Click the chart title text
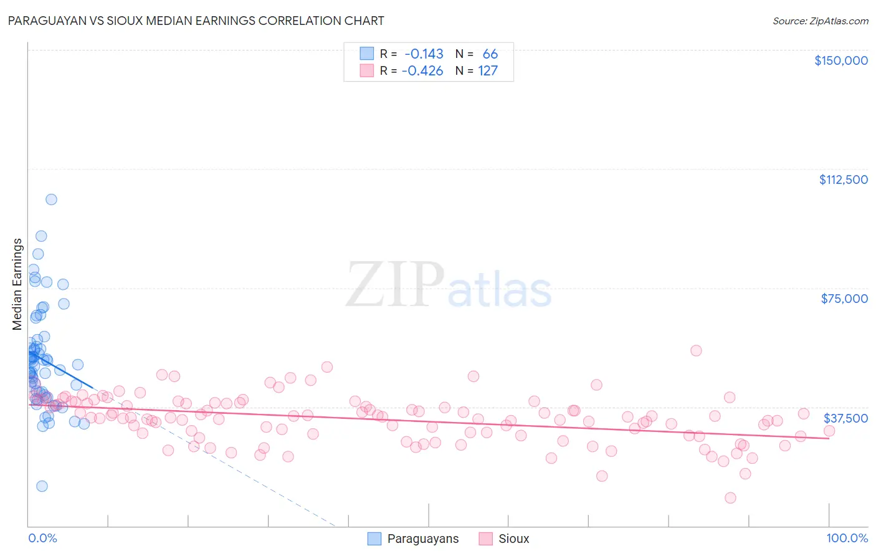[195, 21]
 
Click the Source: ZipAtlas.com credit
[820, 21]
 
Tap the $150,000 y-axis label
[840, 60]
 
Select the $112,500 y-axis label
[843, 180]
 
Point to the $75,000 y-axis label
[844, 299]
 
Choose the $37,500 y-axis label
[845, 418]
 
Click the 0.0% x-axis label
[42, 538]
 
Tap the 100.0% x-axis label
[847, 538]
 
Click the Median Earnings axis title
[17, 284]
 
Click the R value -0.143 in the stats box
[424, 54]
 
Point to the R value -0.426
[422, 71]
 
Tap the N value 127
[488, 71]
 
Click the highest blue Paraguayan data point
[51, 199]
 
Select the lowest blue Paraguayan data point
[42, 486]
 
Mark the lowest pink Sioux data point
[730, 497]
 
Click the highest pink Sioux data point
[696, 350]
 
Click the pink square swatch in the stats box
[366, 70]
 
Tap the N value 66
[490, 54]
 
